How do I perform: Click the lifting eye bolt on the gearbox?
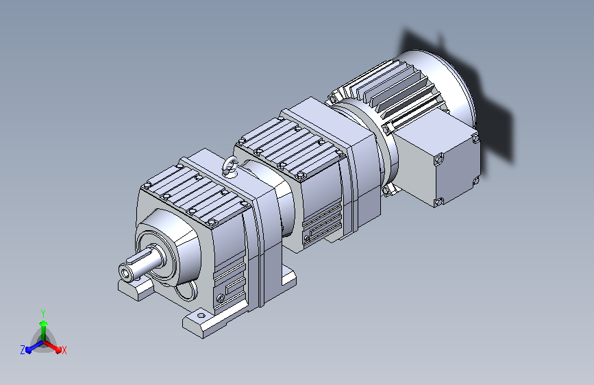point(230,166)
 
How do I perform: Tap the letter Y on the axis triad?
point(43,313)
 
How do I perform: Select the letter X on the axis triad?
point(64,350)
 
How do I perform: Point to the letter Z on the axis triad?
point(23,350)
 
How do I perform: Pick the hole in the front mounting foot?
point(201,315)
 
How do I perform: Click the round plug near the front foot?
point(221,299)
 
